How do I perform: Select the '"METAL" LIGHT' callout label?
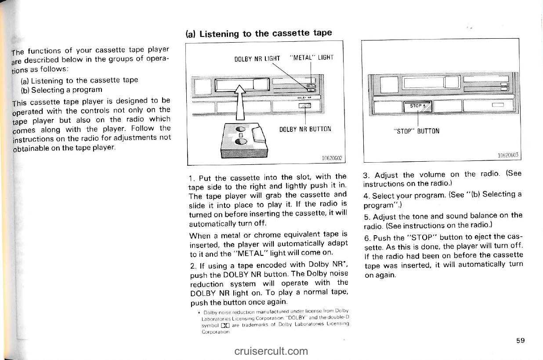312,57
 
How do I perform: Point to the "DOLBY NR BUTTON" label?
305,129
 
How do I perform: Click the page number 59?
521,340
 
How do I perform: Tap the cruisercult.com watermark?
271,351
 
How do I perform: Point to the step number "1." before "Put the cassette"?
191,178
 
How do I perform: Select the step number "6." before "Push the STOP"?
367,238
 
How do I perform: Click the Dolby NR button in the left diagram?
304,105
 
